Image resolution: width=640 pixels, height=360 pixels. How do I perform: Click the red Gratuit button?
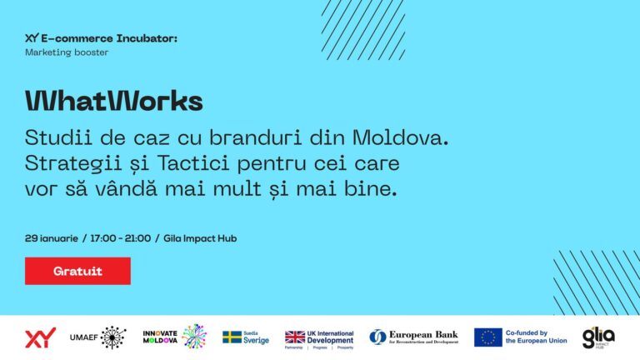(x=77, y=271)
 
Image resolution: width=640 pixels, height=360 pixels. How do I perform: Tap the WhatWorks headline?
(x=114, y=101)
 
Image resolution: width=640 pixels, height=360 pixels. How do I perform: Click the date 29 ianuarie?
(x=52, y=238)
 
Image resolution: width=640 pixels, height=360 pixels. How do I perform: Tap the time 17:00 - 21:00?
(x=119, y=238)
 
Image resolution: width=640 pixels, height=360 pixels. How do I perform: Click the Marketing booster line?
(x=67, y=52)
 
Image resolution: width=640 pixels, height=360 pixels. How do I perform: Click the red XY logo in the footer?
(x=40, y=337)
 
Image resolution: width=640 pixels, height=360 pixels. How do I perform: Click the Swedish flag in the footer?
(x=232, y=337)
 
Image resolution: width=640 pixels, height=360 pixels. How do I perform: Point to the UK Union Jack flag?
(x=295, y=337)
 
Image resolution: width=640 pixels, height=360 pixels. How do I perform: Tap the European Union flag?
(x=487, y=337)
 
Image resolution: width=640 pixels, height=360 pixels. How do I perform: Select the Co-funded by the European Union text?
(x=536, y=337)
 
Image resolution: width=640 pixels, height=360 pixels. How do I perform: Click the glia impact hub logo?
(x=598, y=337)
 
